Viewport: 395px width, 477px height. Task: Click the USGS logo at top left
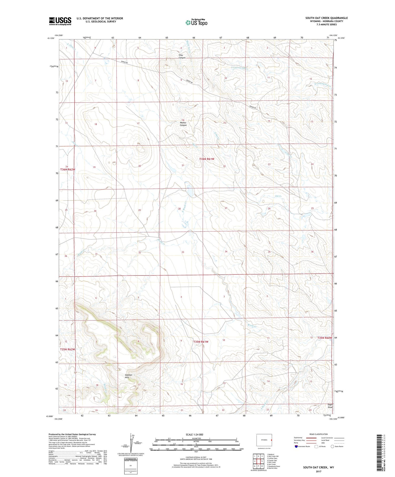pyautogui.click(x=60, y=21)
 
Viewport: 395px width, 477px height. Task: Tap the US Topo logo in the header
pyautogui.click(x=196, y=22)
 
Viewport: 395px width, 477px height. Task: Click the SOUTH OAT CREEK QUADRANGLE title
pyautogui.click(x=326, y=18)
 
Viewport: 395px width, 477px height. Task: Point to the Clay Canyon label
pyautogui.click(x=182, y=56)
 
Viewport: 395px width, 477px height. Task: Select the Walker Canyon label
pyautogui.click(x=183, y=124)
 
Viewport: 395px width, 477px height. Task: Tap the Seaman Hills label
pyautogui.click(x=129, y=376)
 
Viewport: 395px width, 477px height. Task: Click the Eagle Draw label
pyautogui.click(x=330, y=406)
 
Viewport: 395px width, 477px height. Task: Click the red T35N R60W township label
pyautogui.click(x=324, y=338)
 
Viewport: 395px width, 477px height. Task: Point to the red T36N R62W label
pyautogui.click(x=68, y=170)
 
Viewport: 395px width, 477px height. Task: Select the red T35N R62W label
pyautogui.click(x=68, y=349)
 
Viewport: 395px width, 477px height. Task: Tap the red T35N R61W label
pyautogui.click(x=201, y=342)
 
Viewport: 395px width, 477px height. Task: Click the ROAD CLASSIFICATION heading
pyautogui.click(x=319, y=434)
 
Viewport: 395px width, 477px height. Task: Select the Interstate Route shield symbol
pyautogui.click(x=296, y=446)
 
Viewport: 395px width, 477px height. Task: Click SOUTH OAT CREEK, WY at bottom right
pyautogui.click(x=318, y=467)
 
